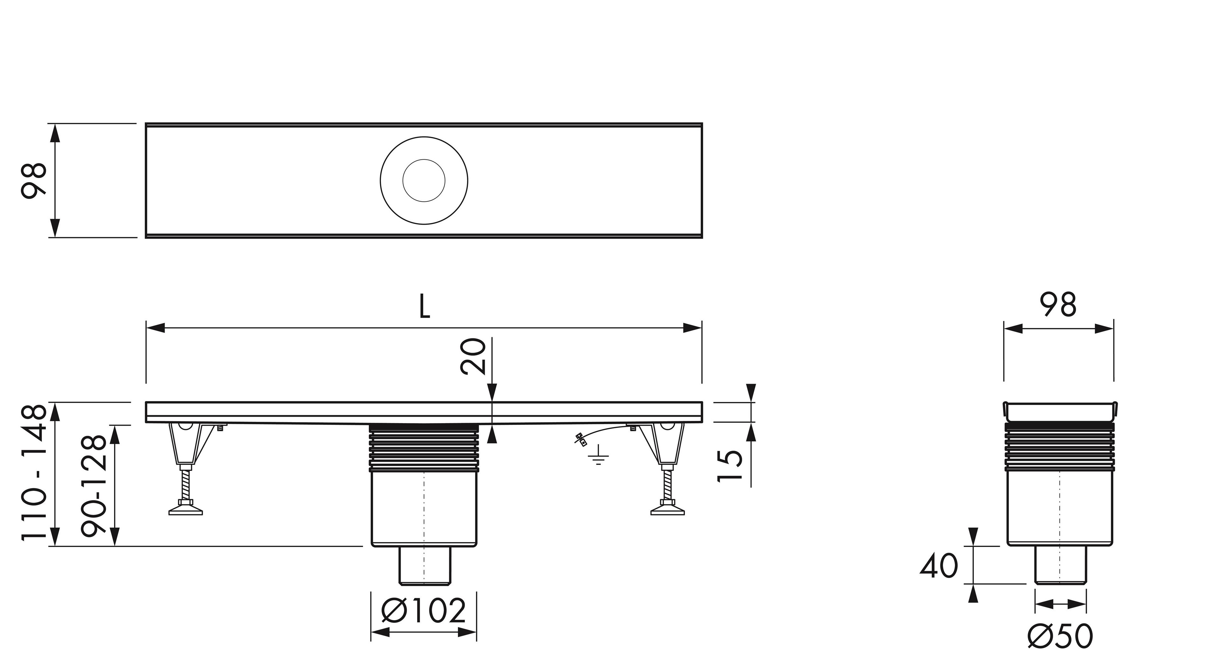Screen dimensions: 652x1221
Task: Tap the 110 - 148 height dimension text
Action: click(34, 473)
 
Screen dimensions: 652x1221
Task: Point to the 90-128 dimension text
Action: click(93, 486)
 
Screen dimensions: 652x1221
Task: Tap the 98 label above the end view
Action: click(1058, 305)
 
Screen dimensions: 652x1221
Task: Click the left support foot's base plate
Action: click(186, 511)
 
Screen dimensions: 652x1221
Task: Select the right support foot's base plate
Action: click(667, 511)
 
